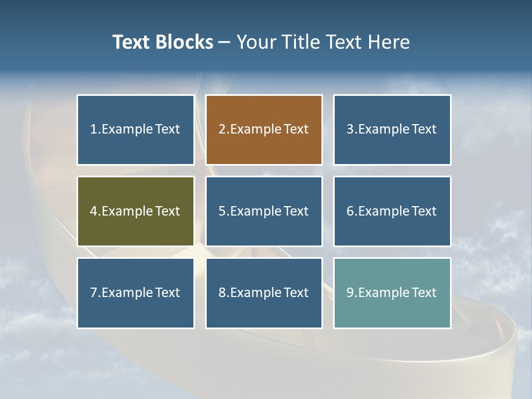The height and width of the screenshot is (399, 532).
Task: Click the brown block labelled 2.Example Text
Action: tap(264, 130)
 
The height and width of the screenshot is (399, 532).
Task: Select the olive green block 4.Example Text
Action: tap(135, 211)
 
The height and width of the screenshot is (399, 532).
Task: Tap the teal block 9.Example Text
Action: tap(392, 293)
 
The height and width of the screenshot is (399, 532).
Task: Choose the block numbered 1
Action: tap(135, 130)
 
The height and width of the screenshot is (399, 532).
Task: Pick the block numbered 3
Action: tap(392, 130)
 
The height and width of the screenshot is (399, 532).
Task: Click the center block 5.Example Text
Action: tap(264, 211)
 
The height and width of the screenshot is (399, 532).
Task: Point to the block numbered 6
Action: tap(392, 211)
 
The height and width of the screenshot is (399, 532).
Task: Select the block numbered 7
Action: tap(135, 293)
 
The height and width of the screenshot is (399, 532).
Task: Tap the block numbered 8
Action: tap(264, 293)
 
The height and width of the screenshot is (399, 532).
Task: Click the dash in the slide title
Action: tap(224, 42)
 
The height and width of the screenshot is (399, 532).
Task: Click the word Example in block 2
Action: tap(255, 130)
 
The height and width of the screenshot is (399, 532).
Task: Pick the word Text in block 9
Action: tap(424, 293)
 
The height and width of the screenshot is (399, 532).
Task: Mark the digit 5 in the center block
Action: tap(222, 211)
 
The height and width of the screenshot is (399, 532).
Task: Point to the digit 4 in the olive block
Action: tap(93, 211)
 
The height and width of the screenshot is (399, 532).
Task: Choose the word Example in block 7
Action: tap(127, 293)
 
